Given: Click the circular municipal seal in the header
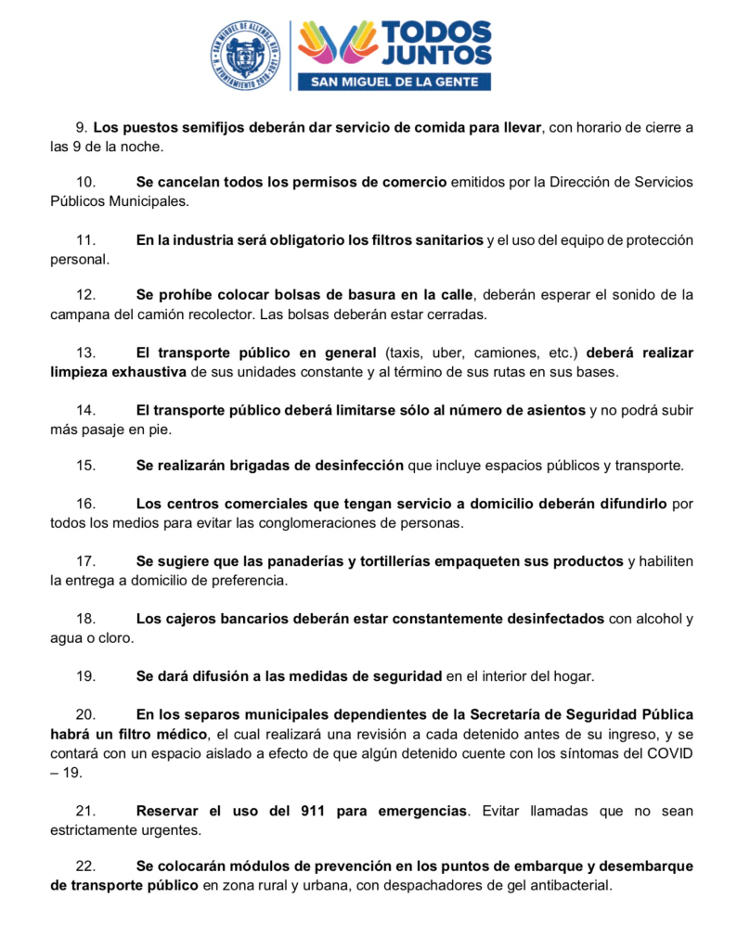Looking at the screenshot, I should click(245, 55).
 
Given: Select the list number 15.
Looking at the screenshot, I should click(85, 465).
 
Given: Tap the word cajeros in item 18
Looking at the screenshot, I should click(192, 619).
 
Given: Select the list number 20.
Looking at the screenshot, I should click(85, 713).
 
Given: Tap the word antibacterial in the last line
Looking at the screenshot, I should click(569, 885).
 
